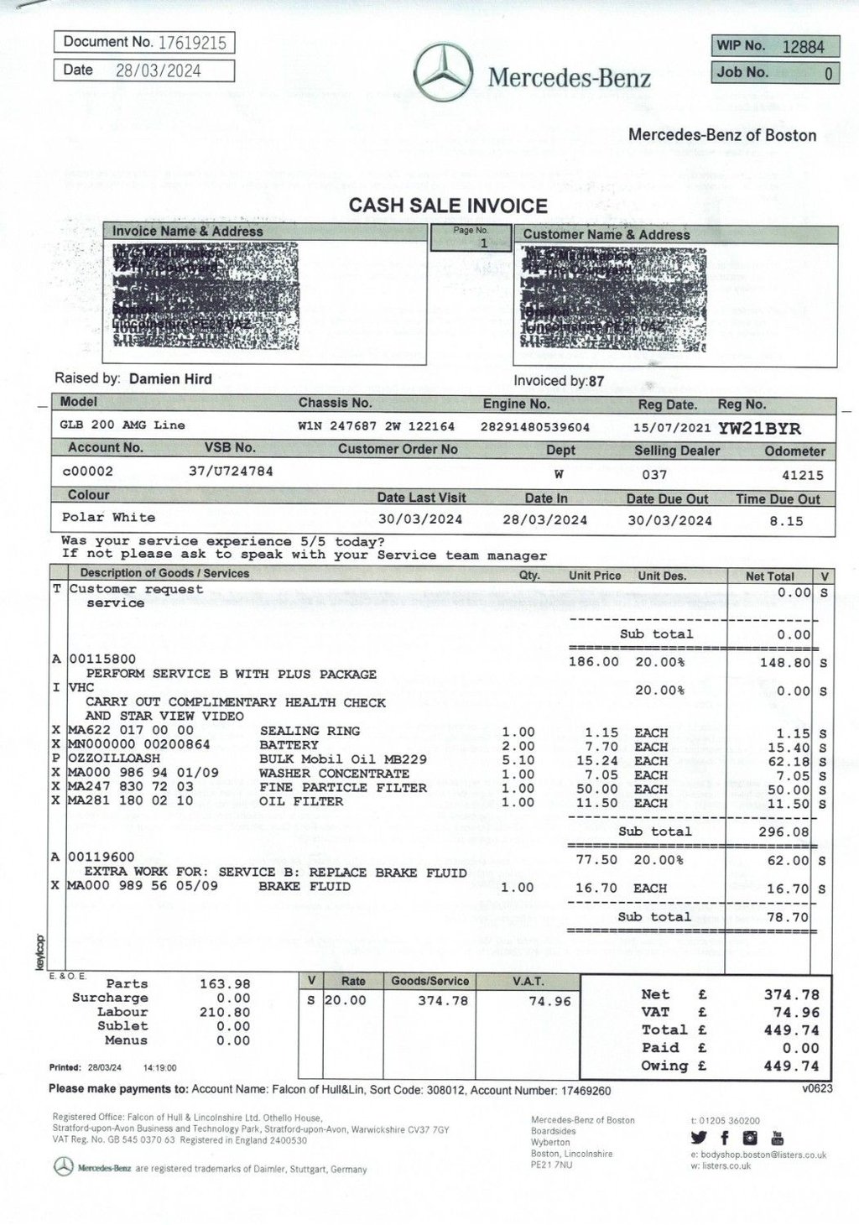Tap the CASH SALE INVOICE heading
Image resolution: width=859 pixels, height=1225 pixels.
(448, 206)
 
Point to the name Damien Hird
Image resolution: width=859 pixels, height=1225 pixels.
(170, 378)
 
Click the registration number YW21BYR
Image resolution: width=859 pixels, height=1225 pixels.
(759, 429)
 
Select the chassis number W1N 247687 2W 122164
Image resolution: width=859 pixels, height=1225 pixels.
(376, 426)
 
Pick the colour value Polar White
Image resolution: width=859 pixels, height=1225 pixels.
(108, 517)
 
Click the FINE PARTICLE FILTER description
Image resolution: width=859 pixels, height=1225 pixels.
(342, 787)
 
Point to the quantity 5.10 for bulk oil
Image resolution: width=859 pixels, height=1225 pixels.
(518, 760)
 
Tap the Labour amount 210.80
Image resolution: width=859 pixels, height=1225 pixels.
(226, 1012)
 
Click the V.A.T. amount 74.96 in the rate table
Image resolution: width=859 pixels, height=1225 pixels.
(550, 1001)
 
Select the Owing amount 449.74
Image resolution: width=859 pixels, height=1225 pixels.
(791, 1066)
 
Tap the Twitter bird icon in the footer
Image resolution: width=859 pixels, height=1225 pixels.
(700, 1139)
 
